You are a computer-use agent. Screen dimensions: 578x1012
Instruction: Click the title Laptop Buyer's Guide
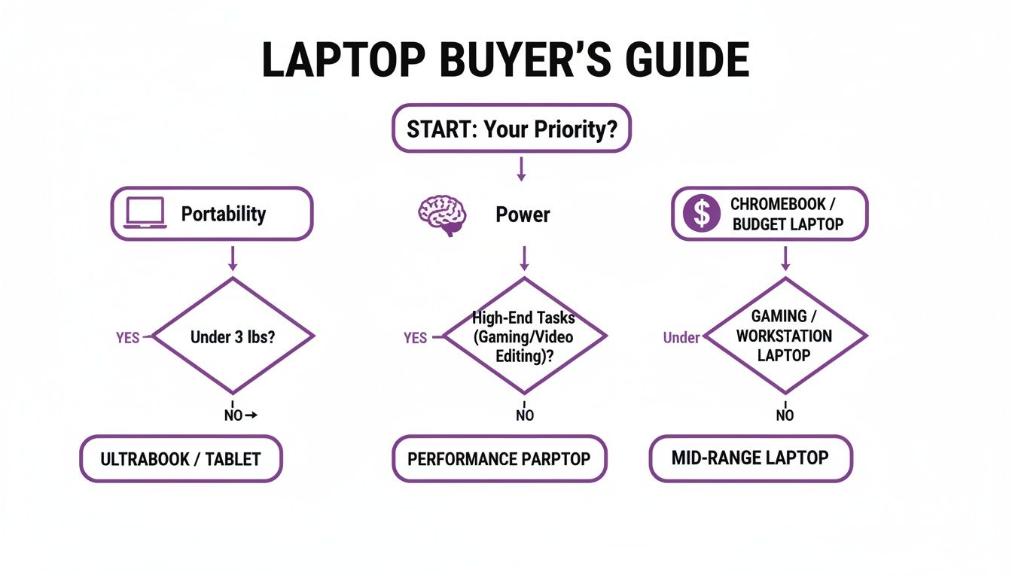(x=505, y=61)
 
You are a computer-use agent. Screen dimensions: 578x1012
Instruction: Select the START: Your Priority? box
(x=511, y=129)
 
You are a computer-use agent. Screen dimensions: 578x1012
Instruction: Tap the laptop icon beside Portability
(x=145, y=214)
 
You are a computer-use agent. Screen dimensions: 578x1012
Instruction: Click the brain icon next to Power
(x=442, y=214)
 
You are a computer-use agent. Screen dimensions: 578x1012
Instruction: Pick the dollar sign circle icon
(x=701, y=214)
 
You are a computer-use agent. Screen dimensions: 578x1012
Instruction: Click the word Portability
(x=224, y=214)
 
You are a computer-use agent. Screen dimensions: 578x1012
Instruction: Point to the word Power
(x=523, y=214)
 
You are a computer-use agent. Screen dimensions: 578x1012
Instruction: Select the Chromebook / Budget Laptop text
(x=787, y=214)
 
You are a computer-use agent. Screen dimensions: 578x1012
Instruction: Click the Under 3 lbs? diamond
(x=233, y=336)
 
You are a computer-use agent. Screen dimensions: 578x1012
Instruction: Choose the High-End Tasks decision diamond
(x=524, y=336)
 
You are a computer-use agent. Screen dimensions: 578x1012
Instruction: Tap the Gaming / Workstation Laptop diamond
(x=784, y=336)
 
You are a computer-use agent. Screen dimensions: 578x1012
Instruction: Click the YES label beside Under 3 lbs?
(x=127, y=338)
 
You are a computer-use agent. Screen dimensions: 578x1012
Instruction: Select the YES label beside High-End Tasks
(x=415, y=338)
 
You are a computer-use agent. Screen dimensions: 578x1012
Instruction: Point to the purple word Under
(x=681, y=338)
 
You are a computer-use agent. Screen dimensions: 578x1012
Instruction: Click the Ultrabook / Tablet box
(x=181, y=458)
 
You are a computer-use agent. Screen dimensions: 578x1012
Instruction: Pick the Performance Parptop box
(x=498, y=458)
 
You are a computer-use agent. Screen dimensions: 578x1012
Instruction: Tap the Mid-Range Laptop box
(x=751, y=457)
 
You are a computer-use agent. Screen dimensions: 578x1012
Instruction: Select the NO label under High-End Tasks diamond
(x=525, y=415)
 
